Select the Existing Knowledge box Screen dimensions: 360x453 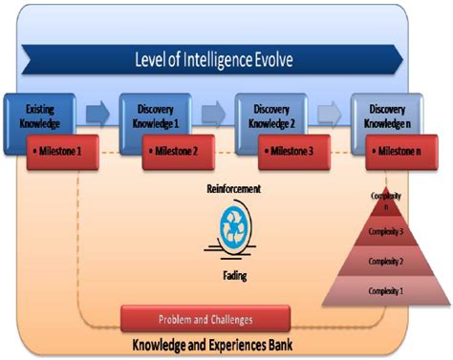click(40, 117)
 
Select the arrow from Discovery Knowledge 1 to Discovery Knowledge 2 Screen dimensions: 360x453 click(213, 116)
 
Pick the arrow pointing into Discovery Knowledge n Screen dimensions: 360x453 click(330, 116)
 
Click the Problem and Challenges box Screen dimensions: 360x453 click(205, 317)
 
